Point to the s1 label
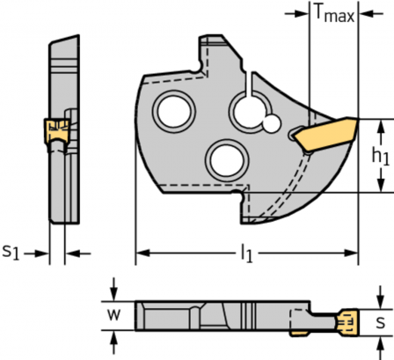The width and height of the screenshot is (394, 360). point(11,253)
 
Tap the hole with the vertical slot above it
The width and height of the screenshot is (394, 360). point(247,112)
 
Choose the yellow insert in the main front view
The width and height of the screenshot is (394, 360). point(323,134)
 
